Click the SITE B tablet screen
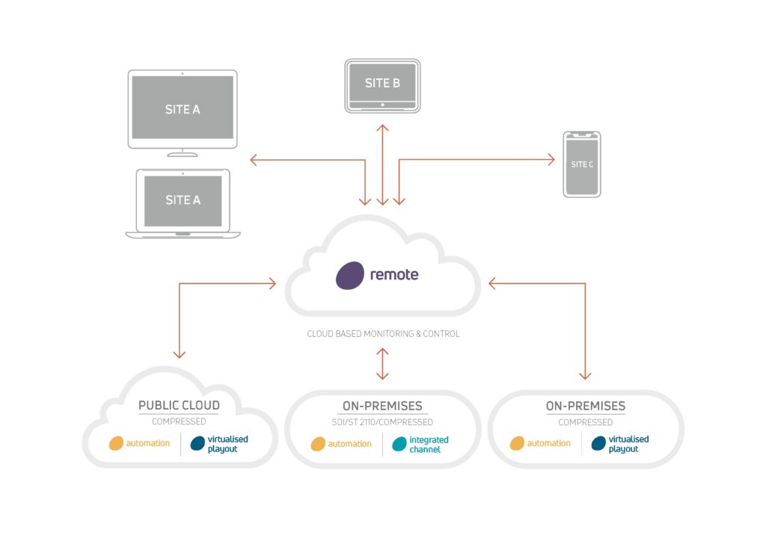coord(382,83)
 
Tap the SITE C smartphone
coord(582,164)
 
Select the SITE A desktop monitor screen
coord(183,109)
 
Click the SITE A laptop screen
coord(183,200)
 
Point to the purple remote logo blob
coord(349,275)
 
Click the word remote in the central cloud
coord(394,274)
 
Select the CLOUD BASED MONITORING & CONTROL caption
coord(383,334)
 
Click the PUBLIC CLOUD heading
coord(179,406)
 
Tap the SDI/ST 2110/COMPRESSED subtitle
coord(383,422)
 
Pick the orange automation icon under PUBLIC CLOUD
coord(116,443)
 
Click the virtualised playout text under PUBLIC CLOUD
coord(227,444)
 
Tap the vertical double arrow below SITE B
coord(382,164)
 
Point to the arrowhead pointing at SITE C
coord(551,159)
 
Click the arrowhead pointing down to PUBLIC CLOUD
coord(180,354)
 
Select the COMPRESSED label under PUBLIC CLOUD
coord(179,421)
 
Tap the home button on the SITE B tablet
coord(382,105)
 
